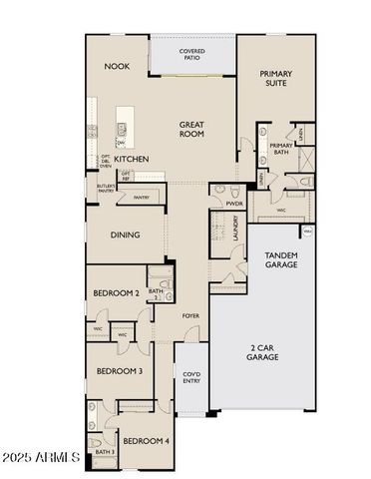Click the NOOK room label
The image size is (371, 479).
[117, 67]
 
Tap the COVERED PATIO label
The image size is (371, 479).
[192, 54]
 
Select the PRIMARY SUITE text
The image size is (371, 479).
[276, 79]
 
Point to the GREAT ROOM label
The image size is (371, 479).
[191, 130]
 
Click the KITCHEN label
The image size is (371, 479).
[131, 159]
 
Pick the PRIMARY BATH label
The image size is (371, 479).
[281, 151]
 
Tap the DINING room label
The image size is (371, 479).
[124, 236]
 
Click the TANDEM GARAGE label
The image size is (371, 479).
[280, 260]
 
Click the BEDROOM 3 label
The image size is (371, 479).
[119, 370]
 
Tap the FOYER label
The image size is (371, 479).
[190, 316]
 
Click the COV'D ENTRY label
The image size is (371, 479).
[191, 378]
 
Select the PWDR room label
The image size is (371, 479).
[233, 203]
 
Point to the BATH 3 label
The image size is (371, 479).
[105, 452]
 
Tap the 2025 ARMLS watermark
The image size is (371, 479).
[41, 458]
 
